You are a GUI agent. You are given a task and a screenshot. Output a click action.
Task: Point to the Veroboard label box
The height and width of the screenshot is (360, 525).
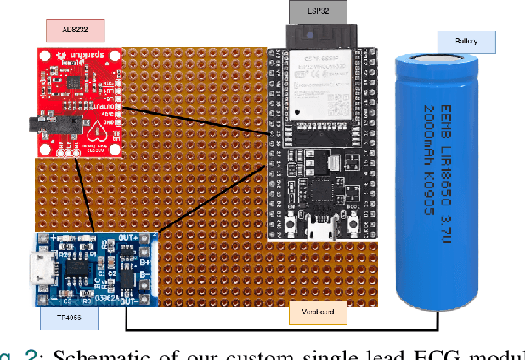click(x=318, y=313)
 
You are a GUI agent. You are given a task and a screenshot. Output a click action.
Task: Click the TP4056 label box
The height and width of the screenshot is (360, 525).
click(x=69, y=318)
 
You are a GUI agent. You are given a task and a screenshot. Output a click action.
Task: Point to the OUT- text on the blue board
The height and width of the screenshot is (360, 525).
click(x=129, y=299)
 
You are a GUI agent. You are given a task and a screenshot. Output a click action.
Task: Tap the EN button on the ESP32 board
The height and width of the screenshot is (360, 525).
click(x=292, y=222)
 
